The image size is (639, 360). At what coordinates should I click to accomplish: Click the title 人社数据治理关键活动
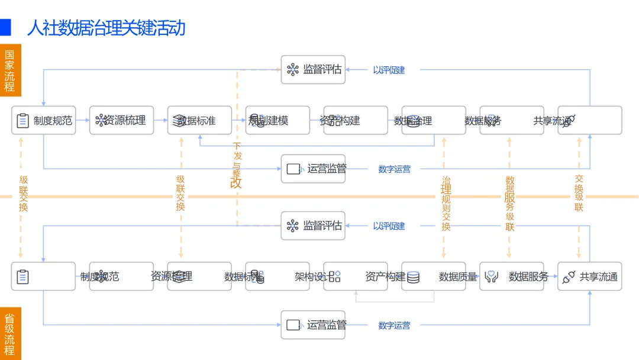pos(106,28)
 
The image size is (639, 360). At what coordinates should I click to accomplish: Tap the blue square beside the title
pos(5,27)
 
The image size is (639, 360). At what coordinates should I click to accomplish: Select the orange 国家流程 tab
pos(10,70)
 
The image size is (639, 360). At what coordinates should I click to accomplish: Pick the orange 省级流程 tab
pos(10,333)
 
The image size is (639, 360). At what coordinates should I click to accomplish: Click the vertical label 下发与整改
pos(237,165)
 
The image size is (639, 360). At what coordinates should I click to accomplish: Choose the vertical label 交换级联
pos(579,193)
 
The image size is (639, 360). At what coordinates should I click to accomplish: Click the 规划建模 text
pos(269,121)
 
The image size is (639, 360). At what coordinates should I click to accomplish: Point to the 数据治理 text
pos(413,121)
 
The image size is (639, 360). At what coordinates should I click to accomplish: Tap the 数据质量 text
pos(458,277)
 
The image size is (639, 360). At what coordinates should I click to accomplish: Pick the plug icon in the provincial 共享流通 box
pos(568,277)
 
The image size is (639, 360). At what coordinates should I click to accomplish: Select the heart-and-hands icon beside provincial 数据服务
pos(491,277)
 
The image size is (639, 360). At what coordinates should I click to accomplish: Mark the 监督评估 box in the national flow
pos(313,70)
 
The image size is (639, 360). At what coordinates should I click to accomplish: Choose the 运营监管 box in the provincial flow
pos(313,325)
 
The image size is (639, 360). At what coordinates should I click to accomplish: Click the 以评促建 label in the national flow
pos(389,70)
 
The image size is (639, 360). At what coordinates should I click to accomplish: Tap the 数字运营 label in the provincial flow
pos(394,325)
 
